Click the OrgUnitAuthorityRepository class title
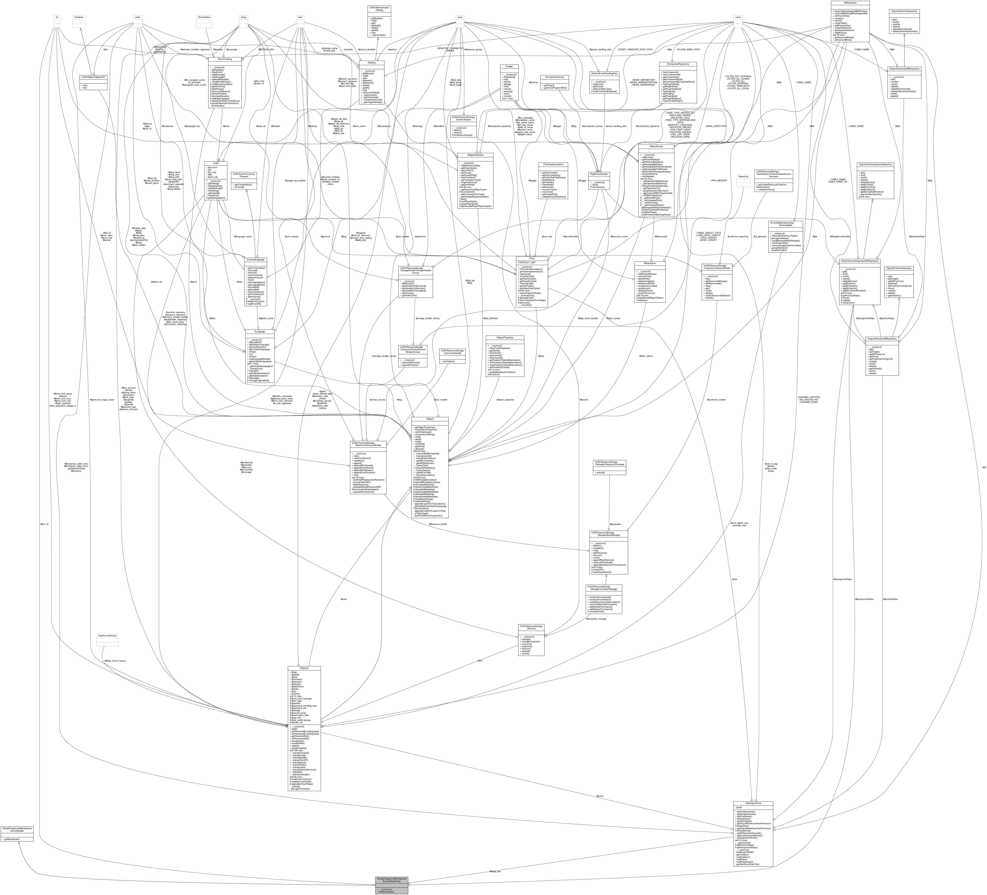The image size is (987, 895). pos(904,11)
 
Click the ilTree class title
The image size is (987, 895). pos(532,258)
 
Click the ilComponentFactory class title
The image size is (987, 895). pos(554,77)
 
